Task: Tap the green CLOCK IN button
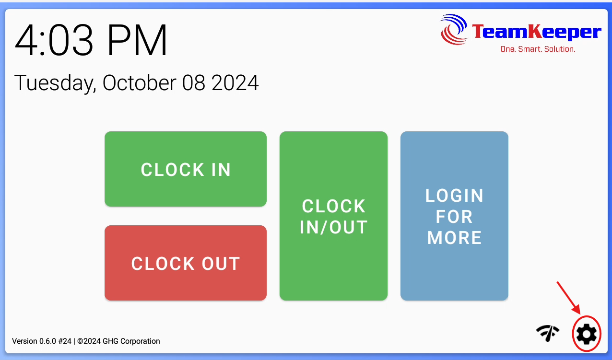[x=186, y=169]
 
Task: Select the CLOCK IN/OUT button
[x=333, y=216]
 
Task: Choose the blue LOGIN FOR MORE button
[x=454, y=216]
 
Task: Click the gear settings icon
[x=587, y=334]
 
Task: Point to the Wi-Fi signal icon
[x=548, y=333]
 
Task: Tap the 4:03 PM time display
[x=91, y=40]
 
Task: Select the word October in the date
[x=139, y=82]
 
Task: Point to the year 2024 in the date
[x=235, y=82]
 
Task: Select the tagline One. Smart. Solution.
[x=538, y=49]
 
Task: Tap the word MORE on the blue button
[x=454, y=238]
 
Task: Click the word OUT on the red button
[x=221, y=264]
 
